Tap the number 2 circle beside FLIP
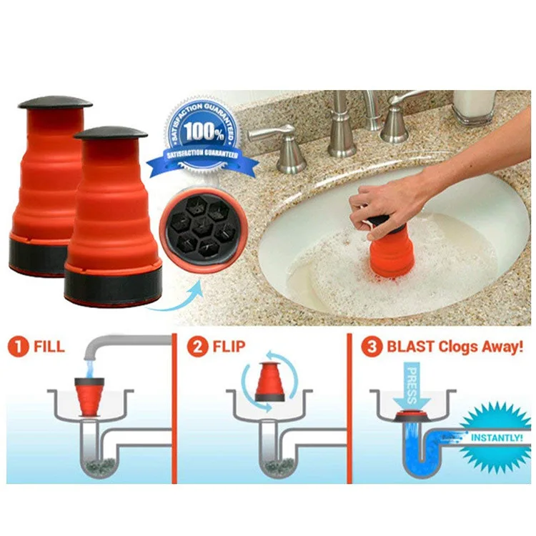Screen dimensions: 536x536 (x=197, y=348)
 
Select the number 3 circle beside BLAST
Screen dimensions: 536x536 (x=371, y=348)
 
